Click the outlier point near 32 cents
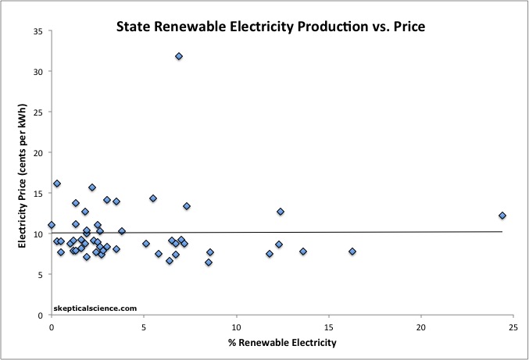(179, 56)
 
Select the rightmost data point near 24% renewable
(502, 216)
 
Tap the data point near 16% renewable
(352, 251)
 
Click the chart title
(270, 26)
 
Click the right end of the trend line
(502, 231)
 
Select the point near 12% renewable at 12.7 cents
(281, 212)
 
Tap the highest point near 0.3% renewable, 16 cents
(57, 184)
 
